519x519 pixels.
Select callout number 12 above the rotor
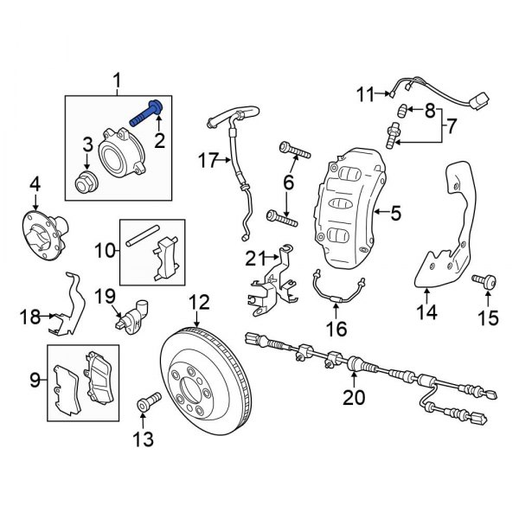[199, 302]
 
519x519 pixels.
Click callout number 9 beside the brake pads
[35, 378]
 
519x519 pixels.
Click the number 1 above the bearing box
[119, 83]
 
